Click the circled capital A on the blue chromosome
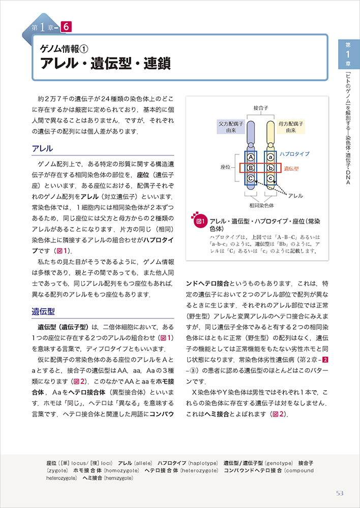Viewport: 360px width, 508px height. [251, 157]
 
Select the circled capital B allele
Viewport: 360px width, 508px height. [251, 168]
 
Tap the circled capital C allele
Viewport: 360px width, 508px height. [251, 178]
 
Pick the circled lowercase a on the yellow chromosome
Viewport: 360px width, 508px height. [271, 157]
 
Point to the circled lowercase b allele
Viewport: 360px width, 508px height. [271, 168]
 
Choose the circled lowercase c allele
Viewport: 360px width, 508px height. [271, 178]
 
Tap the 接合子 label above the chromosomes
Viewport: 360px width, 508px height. [261, 108]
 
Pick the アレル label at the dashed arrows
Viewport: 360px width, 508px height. [295, 195]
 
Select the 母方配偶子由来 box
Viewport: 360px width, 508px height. [290, 126]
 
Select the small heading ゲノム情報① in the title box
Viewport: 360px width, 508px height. [65, 49]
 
